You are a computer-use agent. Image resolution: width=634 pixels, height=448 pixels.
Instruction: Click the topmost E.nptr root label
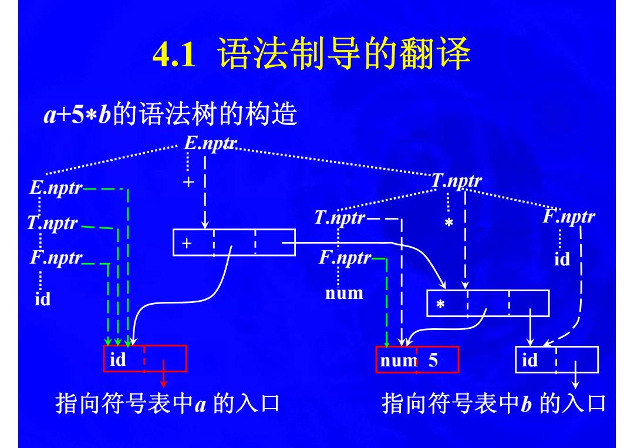tap(210, 143)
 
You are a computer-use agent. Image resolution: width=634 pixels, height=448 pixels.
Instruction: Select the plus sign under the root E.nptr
tap(188, 182)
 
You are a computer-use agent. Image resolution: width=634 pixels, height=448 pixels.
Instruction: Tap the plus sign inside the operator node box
tap(187, 243)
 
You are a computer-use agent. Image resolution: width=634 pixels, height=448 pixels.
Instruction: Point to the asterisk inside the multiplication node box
tap(441, 304)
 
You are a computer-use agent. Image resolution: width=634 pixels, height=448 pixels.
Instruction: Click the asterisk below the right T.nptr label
tap(449, 223)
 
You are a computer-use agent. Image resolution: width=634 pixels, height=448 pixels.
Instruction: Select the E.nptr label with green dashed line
tap(56, 188)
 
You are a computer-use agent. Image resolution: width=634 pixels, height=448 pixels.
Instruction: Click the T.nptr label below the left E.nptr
tap(52, 223)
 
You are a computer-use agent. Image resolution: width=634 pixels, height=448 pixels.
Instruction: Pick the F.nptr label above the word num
tap(345, 258)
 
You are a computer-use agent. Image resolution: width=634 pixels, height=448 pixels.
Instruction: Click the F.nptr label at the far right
tap(569, 216)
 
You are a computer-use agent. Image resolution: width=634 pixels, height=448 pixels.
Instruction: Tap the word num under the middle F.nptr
tap(344, 293)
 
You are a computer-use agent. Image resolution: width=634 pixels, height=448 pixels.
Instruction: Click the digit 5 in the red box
tap(433, 360)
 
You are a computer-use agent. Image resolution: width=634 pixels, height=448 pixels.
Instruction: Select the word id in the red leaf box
tap(117, 359)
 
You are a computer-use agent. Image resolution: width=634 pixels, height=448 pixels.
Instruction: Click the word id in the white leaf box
tap(530, 360)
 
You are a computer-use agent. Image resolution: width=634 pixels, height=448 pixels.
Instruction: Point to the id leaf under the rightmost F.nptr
tap(562, 259)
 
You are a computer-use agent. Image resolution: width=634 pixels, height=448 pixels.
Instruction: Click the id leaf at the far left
tap(42, 299)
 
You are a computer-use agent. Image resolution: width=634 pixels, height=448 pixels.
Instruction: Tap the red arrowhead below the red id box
tap(163, 383)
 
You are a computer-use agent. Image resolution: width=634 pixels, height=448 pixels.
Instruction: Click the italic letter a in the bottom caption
tap(200, 405)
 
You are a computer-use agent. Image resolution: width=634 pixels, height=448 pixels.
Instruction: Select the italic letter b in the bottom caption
tap(525, 403)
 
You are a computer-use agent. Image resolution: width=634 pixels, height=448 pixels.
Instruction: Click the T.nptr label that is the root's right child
tap(457, 181)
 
